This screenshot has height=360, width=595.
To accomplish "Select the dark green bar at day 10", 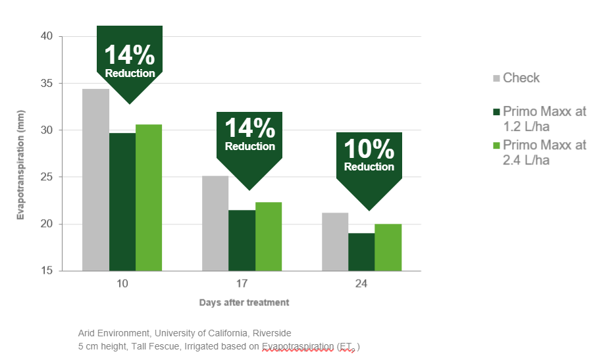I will click(x=122, y=201).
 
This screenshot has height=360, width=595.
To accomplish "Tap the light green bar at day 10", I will click(x=149, y=197).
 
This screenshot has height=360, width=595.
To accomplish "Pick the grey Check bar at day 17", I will click(x=215, y=223).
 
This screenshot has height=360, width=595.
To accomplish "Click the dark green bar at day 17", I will click(x=242, y=240).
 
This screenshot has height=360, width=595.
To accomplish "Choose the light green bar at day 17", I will click(x=269, y=236).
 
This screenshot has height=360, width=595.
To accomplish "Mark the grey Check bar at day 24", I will click(x=335, y=242).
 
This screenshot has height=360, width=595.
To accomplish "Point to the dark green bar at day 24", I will click(x=361, y=251).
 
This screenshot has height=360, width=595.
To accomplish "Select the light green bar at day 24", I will click(x=388, y=247).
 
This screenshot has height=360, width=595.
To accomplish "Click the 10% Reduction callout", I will click(x=369, y=158).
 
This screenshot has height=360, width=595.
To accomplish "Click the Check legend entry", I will click(x=517, y=78).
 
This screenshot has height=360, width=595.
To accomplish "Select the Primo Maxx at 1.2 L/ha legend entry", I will click(x=540, y=119).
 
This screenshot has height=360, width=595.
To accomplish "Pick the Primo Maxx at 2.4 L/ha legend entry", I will click(x=540, y=153).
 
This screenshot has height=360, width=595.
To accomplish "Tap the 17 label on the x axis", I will click(x=242, y=284).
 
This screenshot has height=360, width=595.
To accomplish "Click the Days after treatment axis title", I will click(x=244, y=303).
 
